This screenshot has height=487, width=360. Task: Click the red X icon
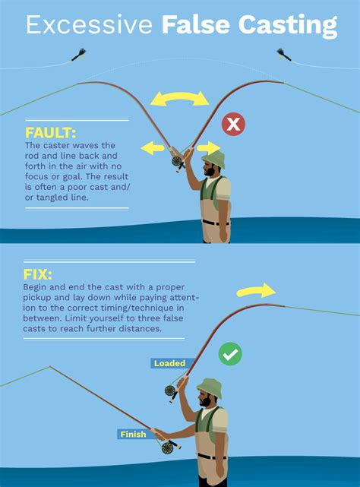click(232, 124)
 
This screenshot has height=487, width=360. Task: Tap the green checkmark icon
click(230, 354)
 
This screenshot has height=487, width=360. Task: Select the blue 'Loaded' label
click(169, 363)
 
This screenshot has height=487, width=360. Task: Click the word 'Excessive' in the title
click(90, 27)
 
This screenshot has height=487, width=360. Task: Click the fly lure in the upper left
click(77, 54)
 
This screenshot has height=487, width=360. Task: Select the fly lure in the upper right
click(283, 54)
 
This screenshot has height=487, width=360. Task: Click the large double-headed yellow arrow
click(179, 97)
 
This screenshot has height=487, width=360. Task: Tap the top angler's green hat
click(215, 158)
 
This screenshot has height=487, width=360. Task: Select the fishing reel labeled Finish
click(167, 447)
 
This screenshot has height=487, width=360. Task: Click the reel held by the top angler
click(178, 161)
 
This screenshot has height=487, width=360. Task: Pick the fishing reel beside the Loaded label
click(171, 391)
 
